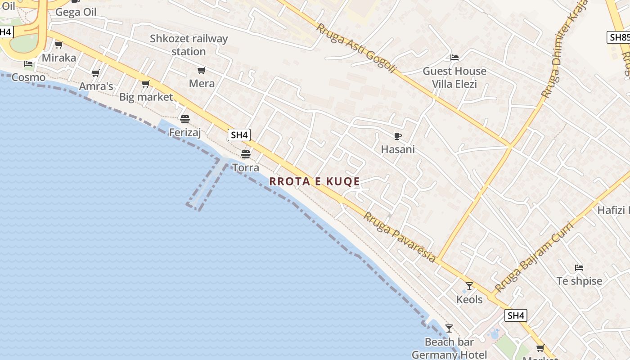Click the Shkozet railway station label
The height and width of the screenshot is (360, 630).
point(189,45)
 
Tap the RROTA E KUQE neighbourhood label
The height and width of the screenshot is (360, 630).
point(315,181)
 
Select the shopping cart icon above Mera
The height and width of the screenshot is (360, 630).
point(202,70)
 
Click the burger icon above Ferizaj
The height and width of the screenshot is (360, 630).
point(184,119)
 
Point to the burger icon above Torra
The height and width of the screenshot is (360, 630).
point(245,154)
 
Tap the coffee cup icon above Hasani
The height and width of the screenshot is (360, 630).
point(397,136)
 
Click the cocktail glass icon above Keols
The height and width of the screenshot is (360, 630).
point(469,286)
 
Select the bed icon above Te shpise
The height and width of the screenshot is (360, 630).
point(579,268)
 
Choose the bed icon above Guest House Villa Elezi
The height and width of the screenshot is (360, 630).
point(454,58)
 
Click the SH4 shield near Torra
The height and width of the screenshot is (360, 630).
point(239,135)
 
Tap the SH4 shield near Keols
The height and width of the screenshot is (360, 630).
point(516,315)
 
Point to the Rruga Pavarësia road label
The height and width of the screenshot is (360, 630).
point(400,237)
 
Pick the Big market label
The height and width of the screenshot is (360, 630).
point(146,97)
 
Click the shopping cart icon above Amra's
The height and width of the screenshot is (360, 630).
point(95,73)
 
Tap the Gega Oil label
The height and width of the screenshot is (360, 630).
point(76,12)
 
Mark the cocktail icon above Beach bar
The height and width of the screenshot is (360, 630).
point(449,328)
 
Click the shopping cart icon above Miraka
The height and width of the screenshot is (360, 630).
point(58,45)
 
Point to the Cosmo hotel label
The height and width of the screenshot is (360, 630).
point(28,77)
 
